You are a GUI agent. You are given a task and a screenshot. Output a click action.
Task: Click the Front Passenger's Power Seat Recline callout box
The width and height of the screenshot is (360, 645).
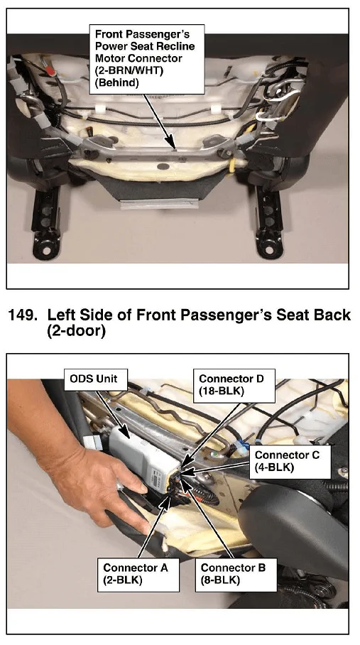(x=147, y=59)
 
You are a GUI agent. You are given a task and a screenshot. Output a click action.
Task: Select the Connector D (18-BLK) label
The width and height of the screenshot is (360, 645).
(x=234, y=385)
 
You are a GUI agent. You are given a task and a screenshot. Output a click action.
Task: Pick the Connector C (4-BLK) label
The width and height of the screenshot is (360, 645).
(x=290, y=462)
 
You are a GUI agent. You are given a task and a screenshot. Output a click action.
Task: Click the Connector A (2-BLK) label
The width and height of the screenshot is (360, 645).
(x=138, y=574)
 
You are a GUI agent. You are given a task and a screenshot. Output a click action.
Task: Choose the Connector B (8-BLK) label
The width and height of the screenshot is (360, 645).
(x=236, y=574)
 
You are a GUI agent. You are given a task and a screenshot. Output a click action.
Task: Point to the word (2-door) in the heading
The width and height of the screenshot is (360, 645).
(x=77, y=331)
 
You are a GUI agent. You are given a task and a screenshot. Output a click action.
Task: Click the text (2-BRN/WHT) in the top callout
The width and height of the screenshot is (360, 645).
(x=129, y=70)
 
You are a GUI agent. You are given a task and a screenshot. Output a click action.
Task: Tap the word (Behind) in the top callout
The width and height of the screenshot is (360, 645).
(x=116, y=82)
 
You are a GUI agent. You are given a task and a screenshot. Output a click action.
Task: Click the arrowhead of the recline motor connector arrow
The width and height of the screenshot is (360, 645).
(x=174, y=145)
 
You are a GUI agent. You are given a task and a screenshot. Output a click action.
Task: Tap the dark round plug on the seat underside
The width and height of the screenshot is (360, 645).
(x=163, y=168)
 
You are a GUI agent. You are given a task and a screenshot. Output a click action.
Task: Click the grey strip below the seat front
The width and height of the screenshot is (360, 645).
(x=163, y=204)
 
